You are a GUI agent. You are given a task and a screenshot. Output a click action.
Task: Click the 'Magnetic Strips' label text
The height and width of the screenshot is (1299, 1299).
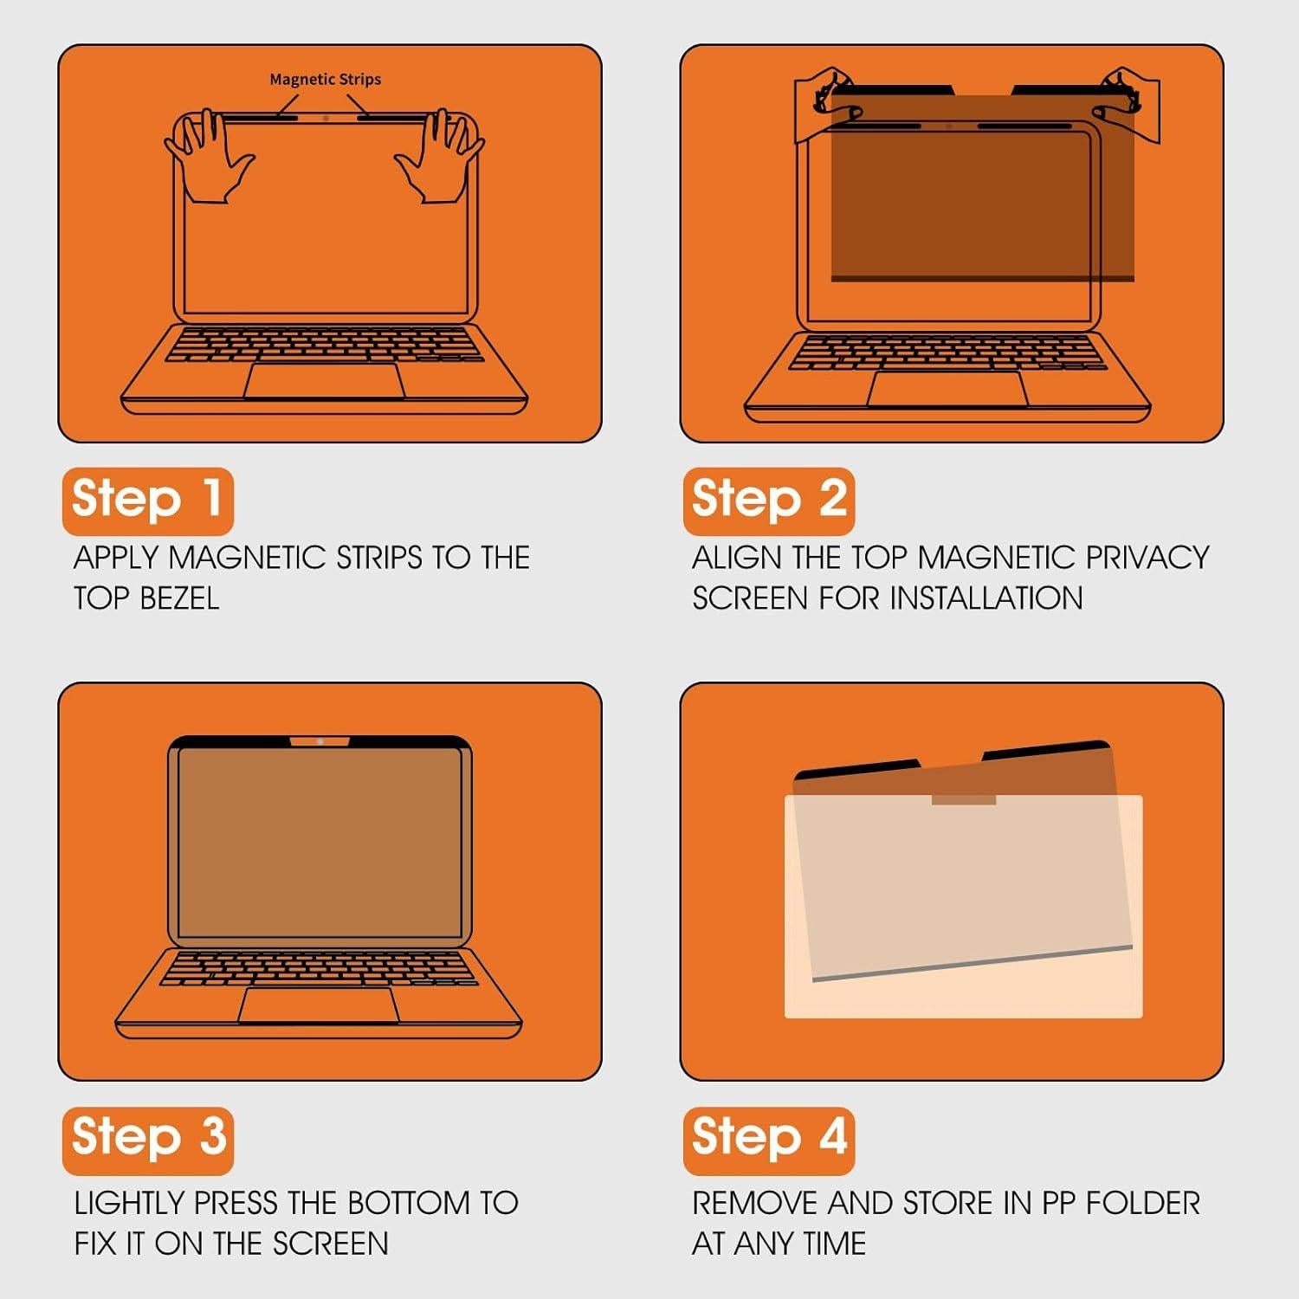click(x=325, y=80)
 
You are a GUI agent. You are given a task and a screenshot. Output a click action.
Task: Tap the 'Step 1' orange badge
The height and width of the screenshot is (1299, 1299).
click(x=147, y=501)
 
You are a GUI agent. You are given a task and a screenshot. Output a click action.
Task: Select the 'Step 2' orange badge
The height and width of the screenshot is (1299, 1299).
click(x=768, y=501)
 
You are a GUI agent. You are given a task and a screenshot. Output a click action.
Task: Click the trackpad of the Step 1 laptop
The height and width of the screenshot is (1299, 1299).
click(x=325, y=381)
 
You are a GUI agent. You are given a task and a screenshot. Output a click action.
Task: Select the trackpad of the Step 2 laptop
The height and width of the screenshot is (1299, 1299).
click(x=947, y=389)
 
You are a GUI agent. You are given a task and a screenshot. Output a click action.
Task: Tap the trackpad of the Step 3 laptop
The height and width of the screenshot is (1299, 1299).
click(x=319, y=1005)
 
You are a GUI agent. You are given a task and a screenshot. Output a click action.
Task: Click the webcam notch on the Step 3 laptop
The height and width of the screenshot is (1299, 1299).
click(x=320, y=741)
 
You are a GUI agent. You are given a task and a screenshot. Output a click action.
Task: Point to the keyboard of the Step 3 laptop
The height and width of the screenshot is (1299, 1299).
click(x=319, y=967)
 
